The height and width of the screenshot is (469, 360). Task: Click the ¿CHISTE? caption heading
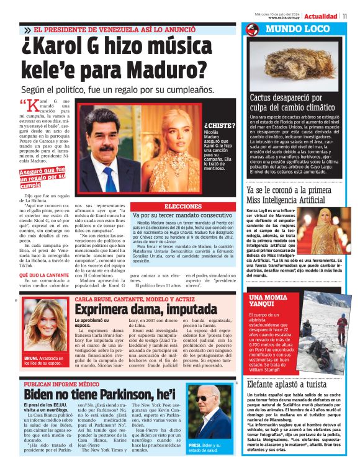[x=218, y=125]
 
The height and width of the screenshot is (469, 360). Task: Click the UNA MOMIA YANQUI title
[x=268, y=301]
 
